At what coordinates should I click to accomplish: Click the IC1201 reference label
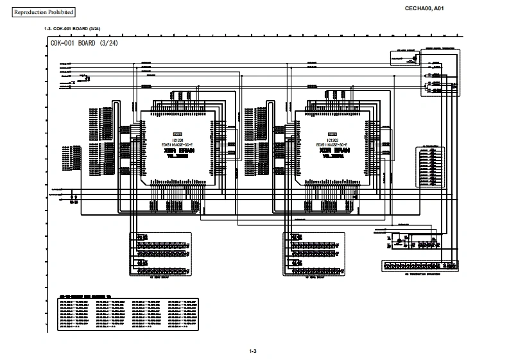(x=171, y=140)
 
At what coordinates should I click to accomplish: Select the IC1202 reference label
(x=332, y=140)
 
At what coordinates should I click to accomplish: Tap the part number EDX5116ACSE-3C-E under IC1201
(x=171, y=145)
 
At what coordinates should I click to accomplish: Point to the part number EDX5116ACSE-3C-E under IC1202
(x=332, y=145)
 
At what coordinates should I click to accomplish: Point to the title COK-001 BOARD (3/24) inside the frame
(x=84, y=43)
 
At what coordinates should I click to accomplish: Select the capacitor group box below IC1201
(x=160, y=254)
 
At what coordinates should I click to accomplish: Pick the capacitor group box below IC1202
(x=314, y=254)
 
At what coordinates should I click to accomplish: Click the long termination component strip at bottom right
(x=418, y=266)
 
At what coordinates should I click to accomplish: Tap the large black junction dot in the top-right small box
(x=415, y=57)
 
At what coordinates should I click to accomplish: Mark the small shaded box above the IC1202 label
(x=332, y=134)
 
